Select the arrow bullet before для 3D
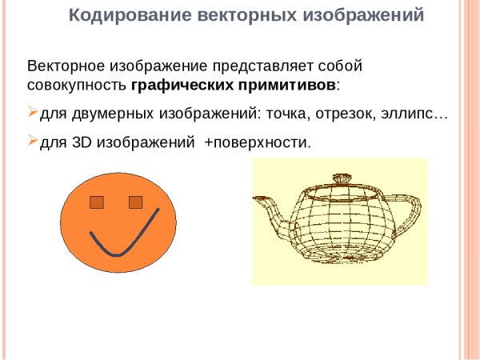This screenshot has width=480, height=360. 33,141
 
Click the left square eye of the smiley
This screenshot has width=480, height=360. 97,202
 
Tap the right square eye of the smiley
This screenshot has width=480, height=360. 136,202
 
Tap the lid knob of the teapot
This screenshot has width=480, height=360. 341,177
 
